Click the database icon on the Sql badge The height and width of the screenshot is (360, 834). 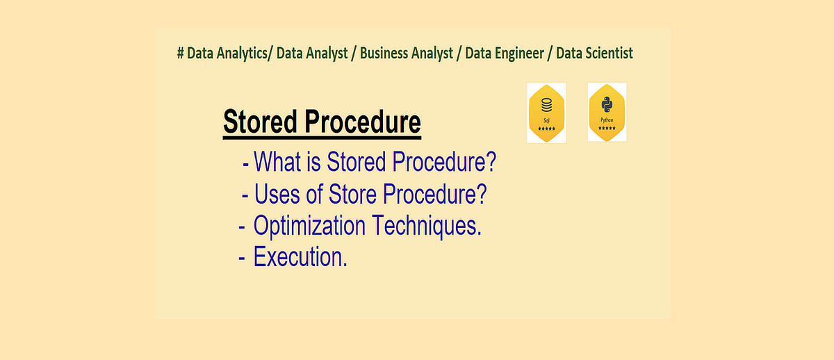point(546,106)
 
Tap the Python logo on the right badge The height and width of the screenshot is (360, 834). point(607,105)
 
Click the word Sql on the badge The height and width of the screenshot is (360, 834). point(546,120)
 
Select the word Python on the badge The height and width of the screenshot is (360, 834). point(607,120)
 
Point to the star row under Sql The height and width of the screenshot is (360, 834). point(546,129)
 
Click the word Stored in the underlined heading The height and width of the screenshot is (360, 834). point(261,122)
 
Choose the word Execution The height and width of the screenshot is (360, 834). point(300,257)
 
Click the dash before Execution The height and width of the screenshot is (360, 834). point(241,258)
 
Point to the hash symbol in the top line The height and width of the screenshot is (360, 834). point(180,54)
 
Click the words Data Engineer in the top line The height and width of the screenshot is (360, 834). point(502,54)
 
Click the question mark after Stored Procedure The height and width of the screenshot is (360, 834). point(491,161)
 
